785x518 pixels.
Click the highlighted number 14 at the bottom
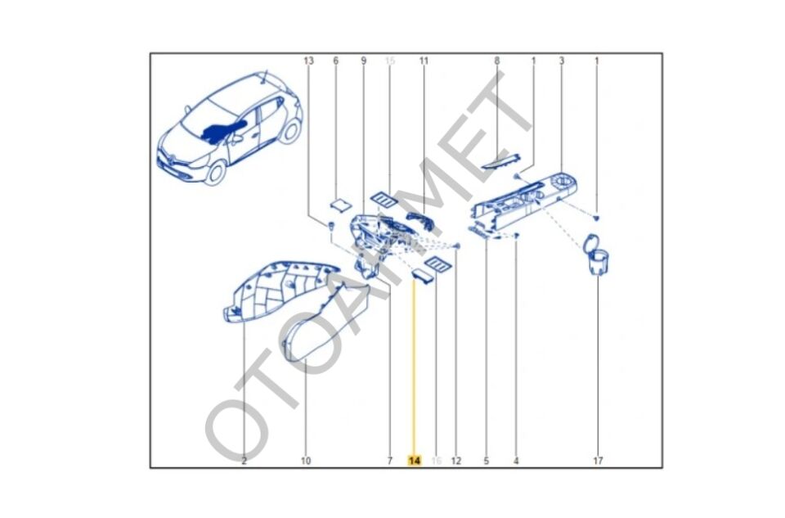[415, 461]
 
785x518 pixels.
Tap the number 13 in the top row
[308, 61]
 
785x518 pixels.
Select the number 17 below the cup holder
[598, 461]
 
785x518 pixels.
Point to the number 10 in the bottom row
[305, 461]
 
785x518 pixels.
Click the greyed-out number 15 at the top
[389, 61]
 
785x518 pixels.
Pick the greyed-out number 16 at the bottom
[436, 461]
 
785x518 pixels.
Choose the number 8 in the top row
[497, 61]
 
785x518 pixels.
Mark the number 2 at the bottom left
[244, 461]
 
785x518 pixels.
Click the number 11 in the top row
[424, 61]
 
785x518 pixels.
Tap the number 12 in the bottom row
[456, 461]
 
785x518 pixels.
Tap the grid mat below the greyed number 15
[382, 197]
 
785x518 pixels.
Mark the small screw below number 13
[330, 226]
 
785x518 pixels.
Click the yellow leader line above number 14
[415, 368]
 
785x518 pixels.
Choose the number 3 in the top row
[562, 61]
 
